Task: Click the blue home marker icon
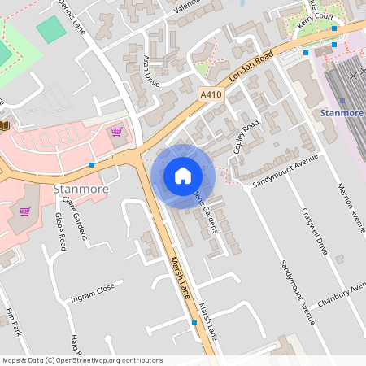point(182,176)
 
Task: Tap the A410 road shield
point(211,95)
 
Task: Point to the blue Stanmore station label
point(342,112)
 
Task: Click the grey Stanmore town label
point(80,190)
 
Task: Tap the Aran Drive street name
point(150,72)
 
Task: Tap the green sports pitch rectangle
point(51,29)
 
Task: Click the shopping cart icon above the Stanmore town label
point(117,131)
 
